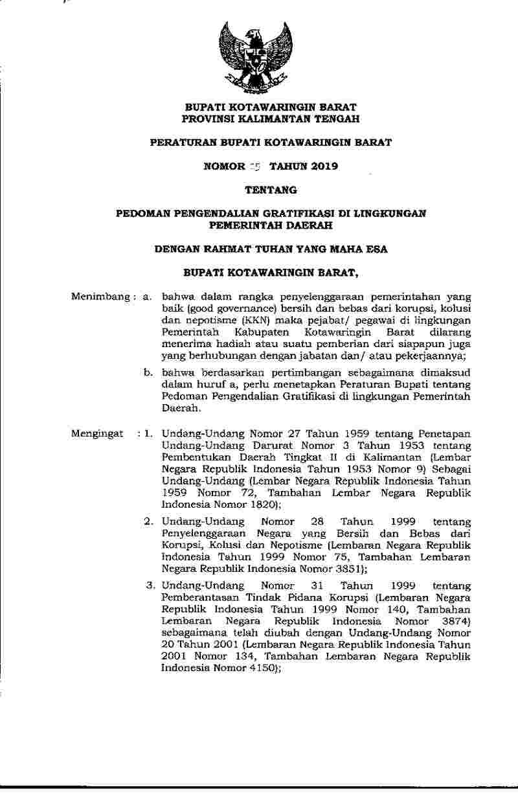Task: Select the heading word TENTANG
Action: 270,190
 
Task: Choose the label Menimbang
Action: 101,297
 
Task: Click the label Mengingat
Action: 96,433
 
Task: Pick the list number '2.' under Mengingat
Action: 148,521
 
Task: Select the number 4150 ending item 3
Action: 262,667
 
